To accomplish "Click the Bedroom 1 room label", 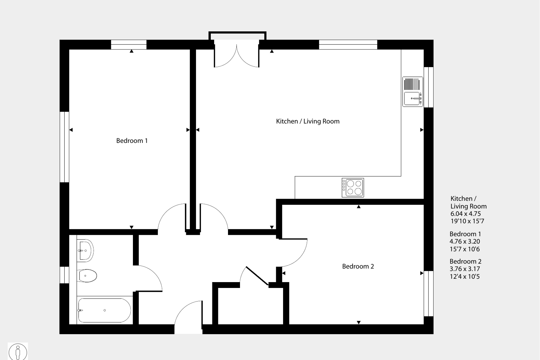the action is click(132, 141).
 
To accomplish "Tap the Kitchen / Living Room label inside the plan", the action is click(308, 121).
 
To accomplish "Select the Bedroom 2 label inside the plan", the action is click(358, 266).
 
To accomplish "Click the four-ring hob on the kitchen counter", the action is click(353, 188).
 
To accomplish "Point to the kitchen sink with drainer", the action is click(413, 92).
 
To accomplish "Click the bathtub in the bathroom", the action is click(105, 310).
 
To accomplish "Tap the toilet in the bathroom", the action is click(87, 276).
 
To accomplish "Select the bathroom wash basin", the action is click(85, 250).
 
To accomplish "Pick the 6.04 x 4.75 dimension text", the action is click(465, 214).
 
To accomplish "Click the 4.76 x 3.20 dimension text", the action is click(465, 241).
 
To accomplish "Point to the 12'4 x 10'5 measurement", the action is click(465, 277).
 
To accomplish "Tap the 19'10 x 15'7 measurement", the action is click(467, 221).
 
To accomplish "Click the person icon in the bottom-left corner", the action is click(18, 352).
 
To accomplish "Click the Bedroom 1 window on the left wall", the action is click(65, 147).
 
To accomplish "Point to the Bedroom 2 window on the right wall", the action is click(428, 294).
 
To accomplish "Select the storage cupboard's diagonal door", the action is click(257, 276).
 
